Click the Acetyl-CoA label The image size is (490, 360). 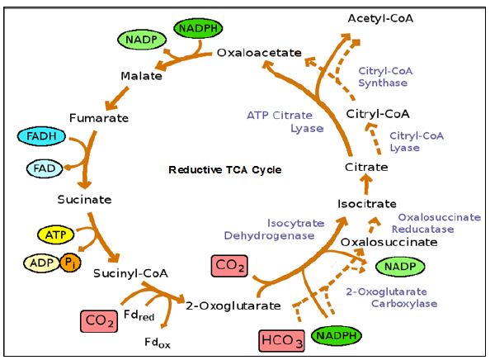point(380,18)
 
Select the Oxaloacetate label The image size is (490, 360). point(259,53)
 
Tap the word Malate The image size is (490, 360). point(142,76)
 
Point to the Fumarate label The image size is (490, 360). point(99,118)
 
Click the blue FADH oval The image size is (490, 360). point(41,136)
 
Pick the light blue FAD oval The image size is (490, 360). point(45,168)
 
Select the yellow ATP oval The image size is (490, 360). point(55,234)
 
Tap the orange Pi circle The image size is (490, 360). point(70,263)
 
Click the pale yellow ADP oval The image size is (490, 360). point(42,263)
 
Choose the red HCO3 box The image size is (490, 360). point(281,340)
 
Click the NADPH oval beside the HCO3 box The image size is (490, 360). point(337,336)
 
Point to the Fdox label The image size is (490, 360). point(158,343)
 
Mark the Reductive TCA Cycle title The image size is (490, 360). point(225,170)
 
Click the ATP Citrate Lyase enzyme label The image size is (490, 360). point(285,121)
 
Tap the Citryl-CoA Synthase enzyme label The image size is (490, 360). point(385,77)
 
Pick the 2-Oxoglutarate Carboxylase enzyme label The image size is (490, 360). point(392,297)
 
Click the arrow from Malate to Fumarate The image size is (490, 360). point(117,98)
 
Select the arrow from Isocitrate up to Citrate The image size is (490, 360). point(366,184)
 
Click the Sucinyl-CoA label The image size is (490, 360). point(130,273)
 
